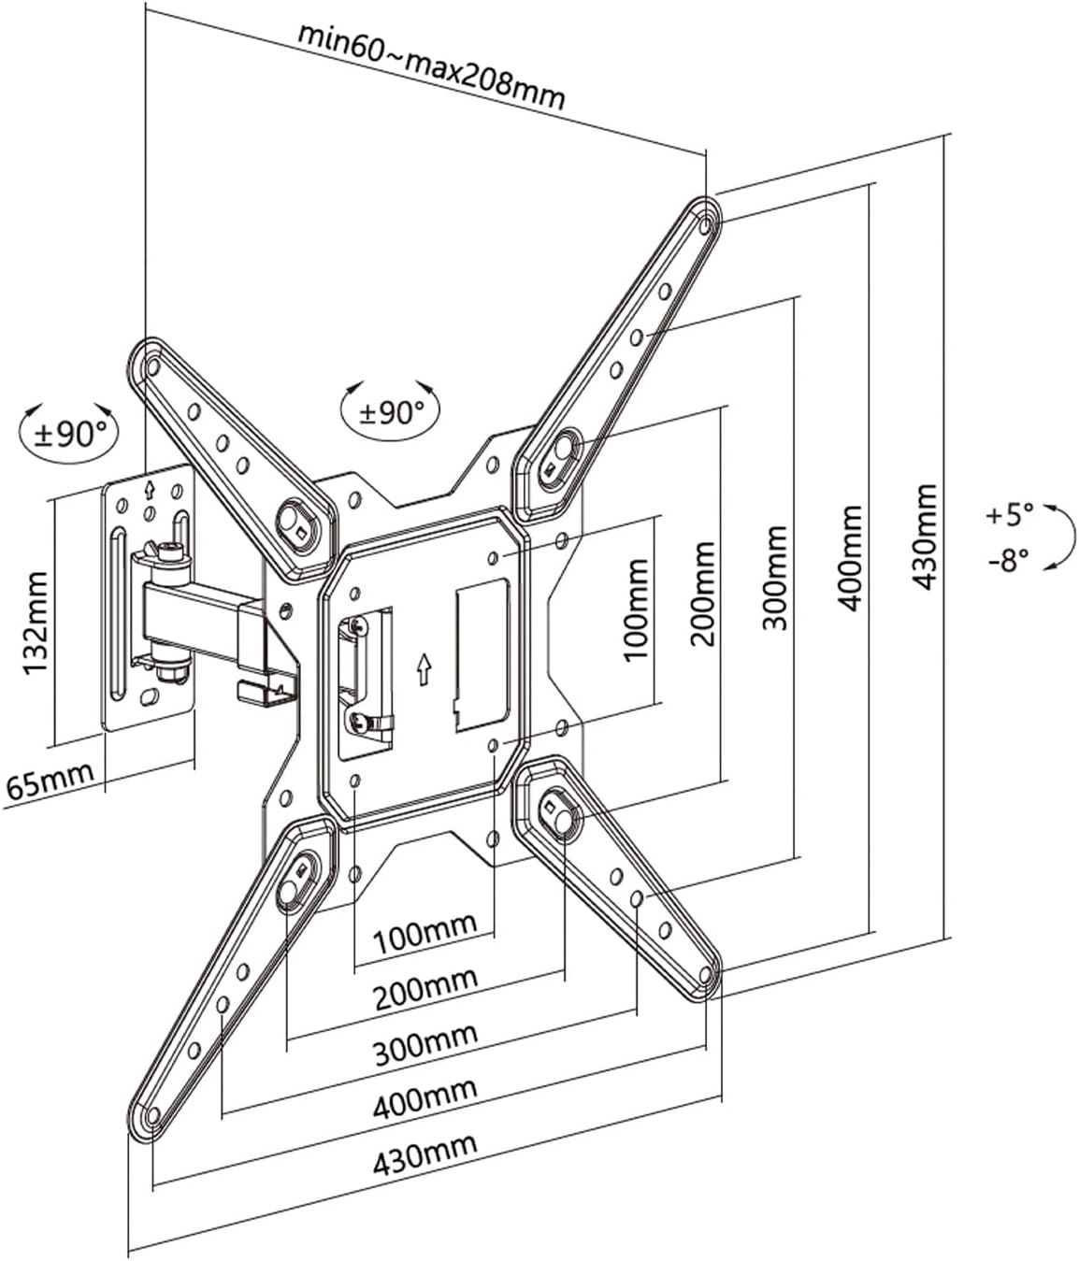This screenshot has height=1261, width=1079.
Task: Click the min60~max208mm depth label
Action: [431, 67]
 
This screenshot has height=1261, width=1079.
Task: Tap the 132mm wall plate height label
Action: [36, 623]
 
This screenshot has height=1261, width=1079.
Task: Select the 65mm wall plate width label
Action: [50, 781]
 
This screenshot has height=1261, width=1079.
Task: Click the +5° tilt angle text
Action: [1010, 514]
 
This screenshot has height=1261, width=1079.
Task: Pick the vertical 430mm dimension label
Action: [923, 537]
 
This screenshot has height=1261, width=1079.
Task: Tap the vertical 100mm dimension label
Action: [635, 610]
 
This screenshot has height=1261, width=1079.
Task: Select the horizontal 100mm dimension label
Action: [424, 934]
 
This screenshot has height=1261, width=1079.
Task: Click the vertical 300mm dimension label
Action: [774, 578]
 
